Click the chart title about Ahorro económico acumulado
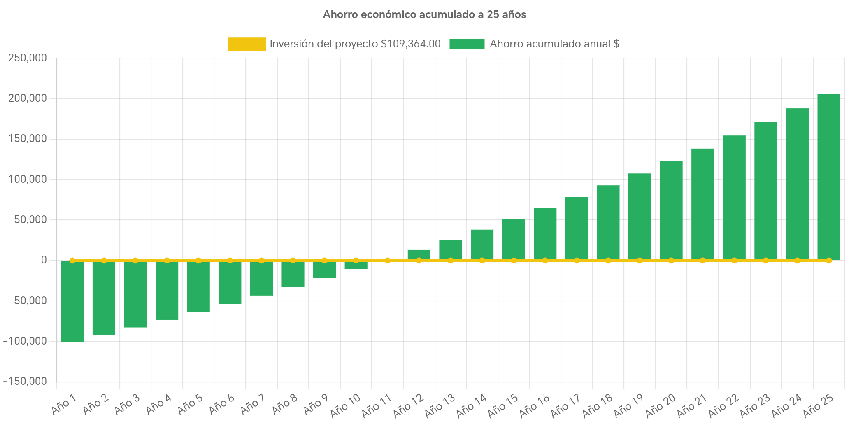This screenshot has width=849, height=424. [x=424, y=15]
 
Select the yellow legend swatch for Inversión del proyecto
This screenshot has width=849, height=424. [x=247, y=44]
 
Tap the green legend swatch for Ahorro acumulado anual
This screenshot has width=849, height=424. [x=467, y=44]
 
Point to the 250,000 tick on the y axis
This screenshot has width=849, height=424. [x=28, y=58]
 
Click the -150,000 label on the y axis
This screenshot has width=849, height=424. [x=25, y=381]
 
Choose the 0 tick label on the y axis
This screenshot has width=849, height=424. [x=44, y=260]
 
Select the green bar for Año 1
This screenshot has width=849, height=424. [x=72, y=301]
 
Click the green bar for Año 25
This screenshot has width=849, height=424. [x=828, y=177]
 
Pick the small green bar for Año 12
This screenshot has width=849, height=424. [x=419, y=254]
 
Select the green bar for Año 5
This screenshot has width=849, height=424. [x=198, y=287]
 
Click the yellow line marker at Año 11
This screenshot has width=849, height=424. [x=387, y=261]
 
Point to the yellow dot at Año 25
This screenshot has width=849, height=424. [x=828, y=261]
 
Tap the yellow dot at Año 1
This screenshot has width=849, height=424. [x=72, y=261]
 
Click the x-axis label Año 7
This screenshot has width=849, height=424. [x=252, y=404]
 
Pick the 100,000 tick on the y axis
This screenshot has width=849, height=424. [x=28, y=179]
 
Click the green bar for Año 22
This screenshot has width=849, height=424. [x=734, y=198]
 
